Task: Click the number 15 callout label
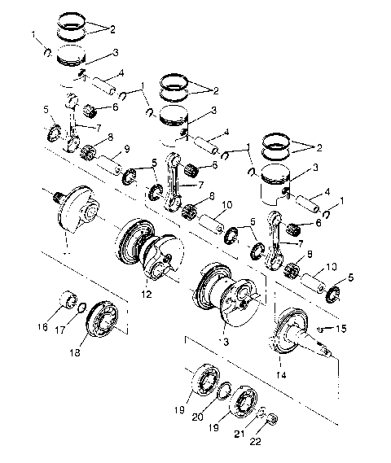(x=341, y=329)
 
